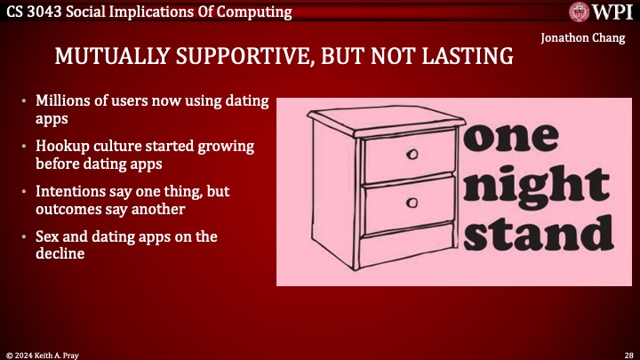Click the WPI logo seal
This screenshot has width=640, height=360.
click(x=581, y=12)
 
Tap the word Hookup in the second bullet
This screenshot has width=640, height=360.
click(x=62, y=145)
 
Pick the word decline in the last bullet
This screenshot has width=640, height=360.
click(x=60, y=252)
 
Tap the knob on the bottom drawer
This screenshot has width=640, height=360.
click(x=412, y=203)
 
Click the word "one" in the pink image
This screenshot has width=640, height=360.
click(x=511, y=141)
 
